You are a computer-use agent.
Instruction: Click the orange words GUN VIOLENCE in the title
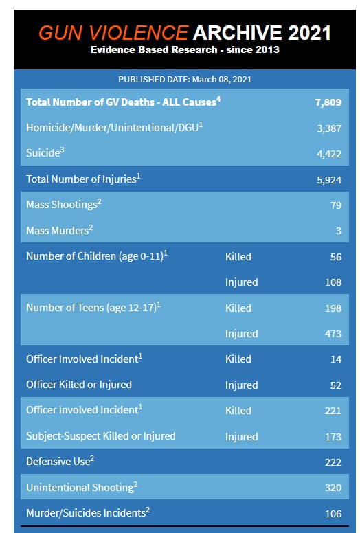click(x=113, y=33)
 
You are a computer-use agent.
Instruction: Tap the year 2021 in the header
click(x=309, y=33)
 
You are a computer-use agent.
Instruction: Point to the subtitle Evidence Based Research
click(x=154, y=49)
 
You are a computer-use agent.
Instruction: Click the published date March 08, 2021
click(x=222, y=80)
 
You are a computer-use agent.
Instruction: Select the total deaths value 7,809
click(x=328, y=102)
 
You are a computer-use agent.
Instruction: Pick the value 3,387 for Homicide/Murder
click(x=329, y=128)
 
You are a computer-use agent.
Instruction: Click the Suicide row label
click(x=45, y=152)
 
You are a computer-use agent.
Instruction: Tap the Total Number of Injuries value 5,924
click(x=329, y=180)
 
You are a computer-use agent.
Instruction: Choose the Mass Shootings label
click(x=64, y=204)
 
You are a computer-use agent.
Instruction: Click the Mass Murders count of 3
click(x=339, y=231)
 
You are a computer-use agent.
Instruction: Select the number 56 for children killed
click(x=336, y=257)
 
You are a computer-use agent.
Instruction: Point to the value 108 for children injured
click(x=333, y=282)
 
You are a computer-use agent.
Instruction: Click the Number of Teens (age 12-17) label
click(x=93, y=307)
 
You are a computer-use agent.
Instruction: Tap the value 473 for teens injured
click(x=333, y=334)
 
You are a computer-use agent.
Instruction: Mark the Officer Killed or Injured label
click(x=79, y=385)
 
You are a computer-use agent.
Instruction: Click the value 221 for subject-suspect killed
click(x=333, y=411)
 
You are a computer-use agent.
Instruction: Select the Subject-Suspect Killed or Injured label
click(x=101, y=436)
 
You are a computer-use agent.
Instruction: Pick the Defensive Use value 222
click(x=333, y=462)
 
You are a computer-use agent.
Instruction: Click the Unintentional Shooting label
click(x=82, y=487)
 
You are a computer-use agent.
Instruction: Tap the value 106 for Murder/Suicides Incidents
click(x=333, y=514)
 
